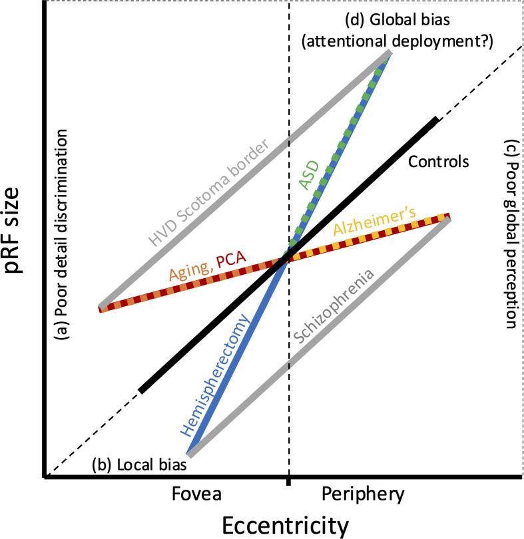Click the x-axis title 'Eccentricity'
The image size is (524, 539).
tap(288, 524)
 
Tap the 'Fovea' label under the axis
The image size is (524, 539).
tap(196, 494)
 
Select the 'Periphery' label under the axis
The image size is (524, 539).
tap(362, 494)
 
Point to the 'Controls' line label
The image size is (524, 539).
tap(439, 161)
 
